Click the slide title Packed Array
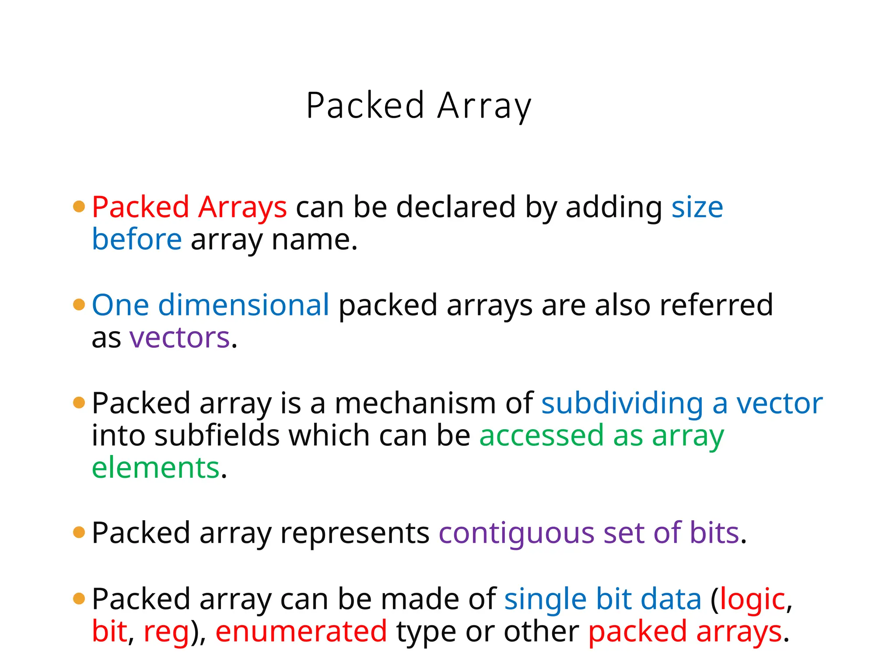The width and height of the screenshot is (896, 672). point(419,106)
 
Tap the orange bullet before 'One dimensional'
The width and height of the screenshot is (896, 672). point(79,304)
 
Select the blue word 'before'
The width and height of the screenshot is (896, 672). point(136,240)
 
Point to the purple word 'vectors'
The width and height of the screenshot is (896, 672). point(179,338)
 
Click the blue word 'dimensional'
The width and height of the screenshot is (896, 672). point(243,305)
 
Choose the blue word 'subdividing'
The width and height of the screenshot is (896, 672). point(622,404)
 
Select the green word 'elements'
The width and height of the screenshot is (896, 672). point(155,468)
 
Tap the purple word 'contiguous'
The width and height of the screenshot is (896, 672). point(516,534)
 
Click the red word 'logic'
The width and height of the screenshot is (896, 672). point(752,599)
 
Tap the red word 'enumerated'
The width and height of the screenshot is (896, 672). point(301,631)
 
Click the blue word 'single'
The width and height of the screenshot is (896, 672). point(545,599)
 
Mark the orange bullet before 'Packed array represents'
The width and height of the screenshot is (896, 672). point(79,532)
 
